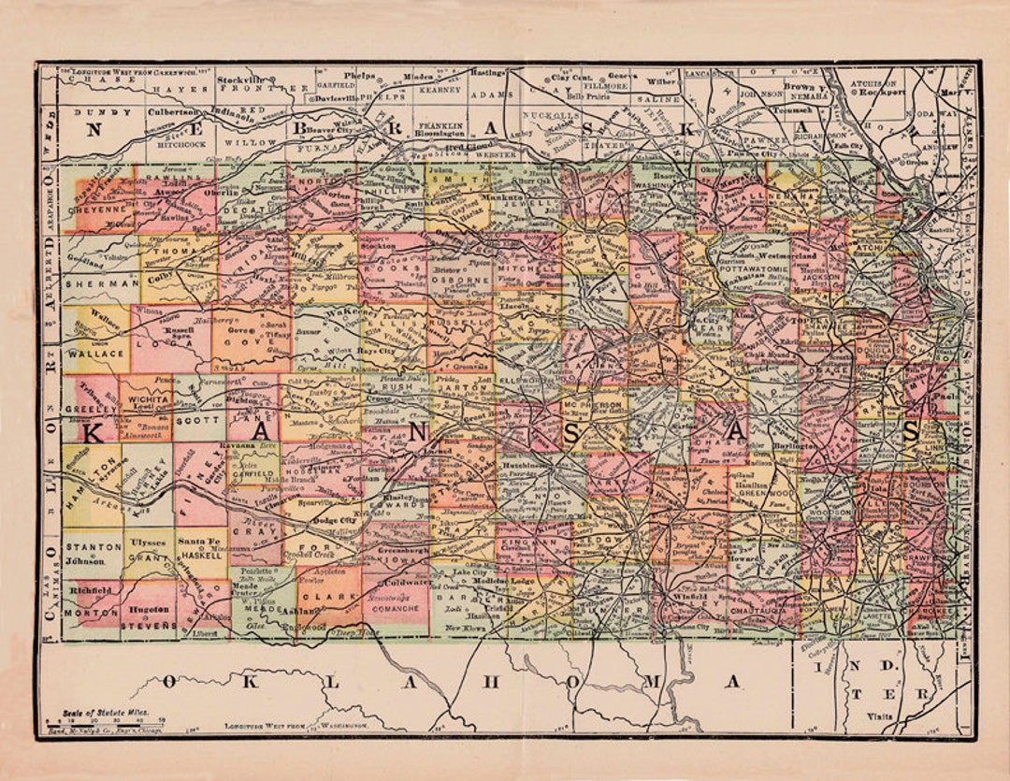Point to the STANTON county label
92,546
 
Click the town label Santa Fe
199,542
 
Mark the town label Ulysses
147,542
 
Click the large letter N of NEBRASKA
94,129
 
